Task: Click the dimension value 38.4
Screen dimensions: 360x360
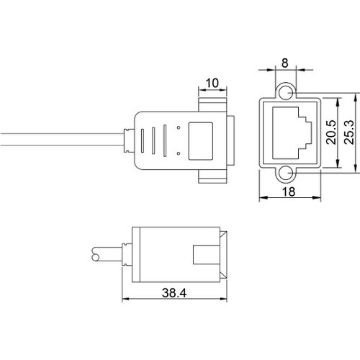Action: coord(174,293)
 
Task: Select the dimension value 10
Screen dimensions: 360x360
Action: coord(212,83)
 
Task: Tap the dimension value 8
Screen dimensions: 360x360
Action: coord(284,63)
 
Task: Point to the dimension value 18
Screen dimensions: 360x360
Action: coord(288,192)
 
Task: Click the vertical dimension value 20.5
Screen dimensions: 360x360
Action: coord(331,132)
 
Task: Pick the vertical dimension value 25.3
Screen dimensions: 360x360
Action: coord(348,132)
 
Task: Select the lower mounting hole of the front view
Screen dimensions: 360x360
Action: coord(286,174)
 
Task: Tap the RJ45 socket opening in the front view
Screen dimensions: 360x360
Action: coord(292,132)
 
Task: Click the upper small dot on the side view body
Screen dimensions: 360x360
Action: coord(179,127)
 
